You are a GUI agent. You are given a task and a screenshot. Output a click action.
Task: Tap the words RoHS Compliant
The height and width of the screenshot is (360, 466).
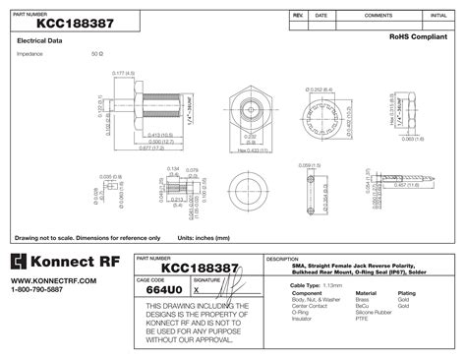(x=416, y=35)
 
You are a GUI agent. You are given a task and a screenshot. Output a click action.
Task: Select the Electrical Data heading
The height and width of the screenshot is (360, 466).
(x=40, y=41)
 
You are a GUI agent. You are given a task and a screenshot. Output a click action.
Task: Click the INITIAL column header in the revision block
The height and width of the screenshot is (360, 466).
(x=438, y=16)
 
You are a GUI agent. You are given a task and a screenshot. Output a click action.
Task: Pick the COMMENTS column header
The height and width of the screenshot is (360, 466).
(x=379, y=16)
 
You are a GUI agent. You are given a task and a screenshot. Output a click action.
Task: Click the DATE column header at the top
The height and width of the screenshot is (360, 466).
(x=321, y=16)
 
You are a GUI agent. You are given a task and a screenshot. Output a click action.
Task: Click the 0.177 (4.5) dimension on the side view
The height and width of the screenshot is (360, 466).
(x=123, y=73)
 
